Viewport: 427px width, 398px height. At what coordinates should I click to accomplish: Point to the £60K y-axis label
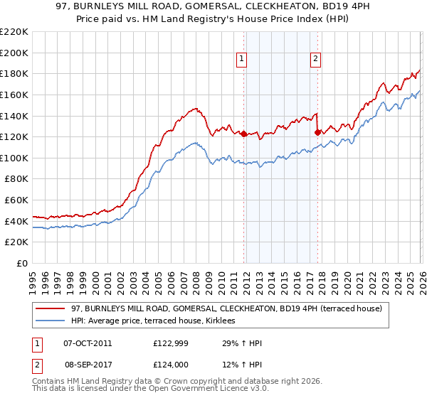click(x=16, y=200)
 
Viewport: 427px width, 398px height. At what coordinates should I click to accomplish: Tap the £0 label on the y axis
click(x=21, y=264)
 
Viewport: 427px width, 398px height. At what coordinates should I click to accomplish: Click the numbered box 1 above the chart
click(x=243, y=60)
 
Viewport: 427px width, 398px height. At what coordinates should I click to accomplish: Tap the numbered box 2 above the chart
click(x=315, y=60)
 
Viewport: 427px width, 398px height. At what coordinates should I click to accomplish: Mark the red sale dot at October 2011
click(x=243, y=134)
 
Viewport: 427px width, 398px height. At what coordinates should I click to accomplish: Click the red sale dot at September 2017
click(x=317, y=132)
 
